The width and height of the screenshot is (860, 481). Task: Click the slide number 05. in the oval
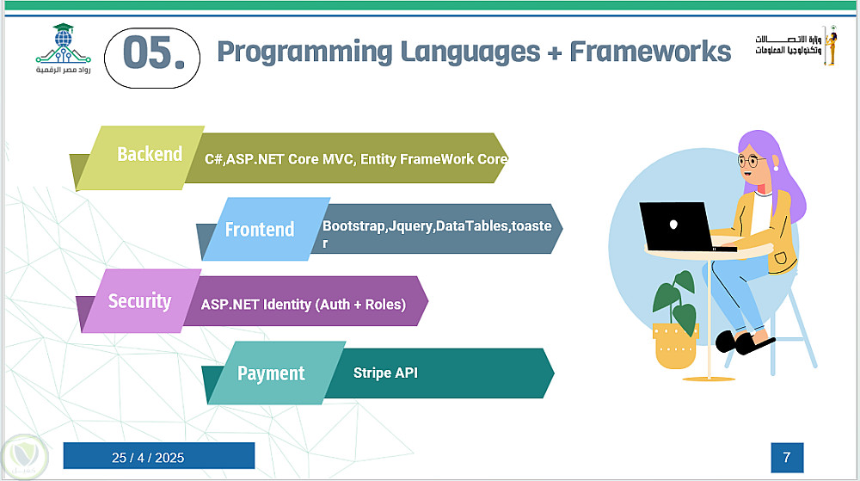click(x=154, y=52)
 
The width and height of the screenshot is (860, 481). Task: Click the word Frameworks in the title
click(x=650, y=52)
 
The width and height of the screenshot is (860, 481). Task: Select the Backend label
click(x=150, y=154)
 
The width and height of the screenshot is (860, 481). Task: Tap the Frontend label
click(x=260, y=229)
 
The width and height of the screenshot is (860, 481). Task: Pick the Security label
click(x=139, y=301)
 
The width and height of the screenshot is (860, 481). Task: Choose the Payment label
click(x=271, y=373)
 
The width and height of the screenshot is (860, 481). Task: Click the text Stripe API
click(x=385, y=373)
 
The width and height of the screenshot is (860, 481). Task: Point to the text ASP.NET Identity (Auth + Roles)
click(x=304, y=305)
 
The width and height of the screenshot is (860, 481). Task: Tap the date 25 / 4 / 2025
click(x=148, y=458)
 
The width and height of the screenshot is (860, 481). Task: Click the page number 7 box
click(x=787, y=458)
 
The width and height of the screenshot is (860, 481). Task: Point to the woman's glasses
click(x=752, y=161)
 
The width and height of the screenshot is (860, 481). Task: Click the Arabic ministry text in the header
click(x=788, y=45)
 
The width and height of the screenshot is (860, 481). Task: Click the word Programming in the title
click(x=305, y=52)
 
